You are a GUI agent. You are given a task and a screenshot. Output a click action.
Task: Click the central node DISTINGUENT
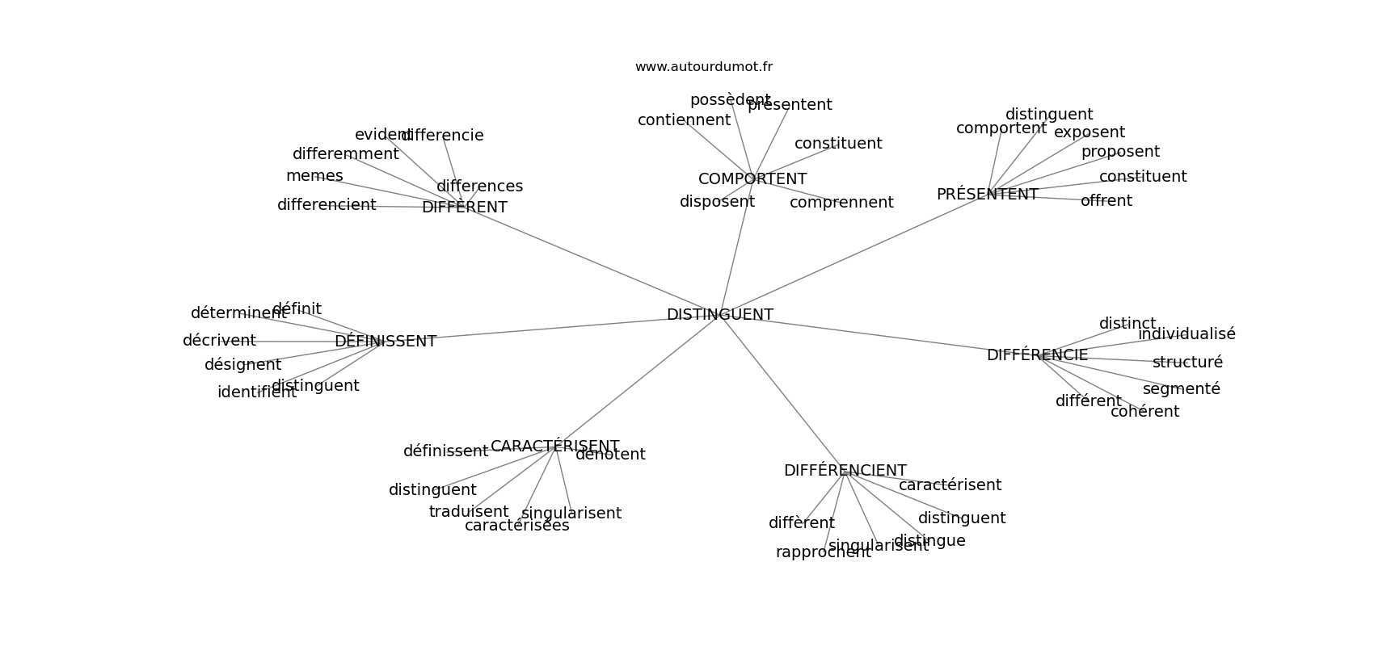[x=719, y=315]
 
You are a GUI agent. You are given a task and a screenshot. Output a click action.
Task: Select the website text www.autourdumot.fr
[x=703, y=67]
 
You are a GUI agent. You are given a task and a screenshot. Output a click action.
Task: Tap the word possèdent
[x=730, y=100]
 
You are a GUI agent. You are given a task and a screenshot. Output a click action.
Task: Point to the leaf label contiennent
[x=684, y=120]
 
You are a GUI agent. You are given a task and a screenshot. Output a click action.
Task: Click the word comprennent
[x=841, y=203]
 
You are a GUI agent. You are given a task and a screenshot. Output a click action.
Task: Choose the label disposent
[x=717, y=202]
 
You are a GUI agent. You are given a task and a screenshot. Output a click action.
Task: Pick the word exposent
[x=1089, y=132]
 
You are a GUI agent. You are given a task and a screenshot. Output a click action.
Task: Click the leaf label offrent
[x=1106, y=201]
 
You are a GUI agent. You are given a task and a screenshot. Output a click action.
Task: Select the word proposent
[x=1120, y=152]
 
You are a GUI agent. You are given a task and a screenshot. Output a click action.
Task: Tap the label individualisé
[x=1186, y=334]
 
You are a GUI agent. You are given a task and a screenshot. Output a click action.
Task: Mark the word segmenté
[x=1181, y=389]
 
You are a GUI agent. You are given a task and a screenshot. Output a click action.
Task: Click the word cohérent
[x=1144, y=412]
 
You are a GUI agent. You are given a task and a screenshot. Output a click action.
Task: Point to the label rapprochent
[x=823, y=552]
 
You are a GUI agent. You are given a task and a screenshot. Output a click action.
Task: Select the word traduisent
[x=469, y=512]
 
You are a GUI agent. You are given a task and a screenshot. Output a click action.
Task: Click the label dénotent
[x=610, y=455]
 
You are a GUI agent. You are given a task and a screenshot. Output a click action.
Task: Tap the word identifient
[x=257, y=392]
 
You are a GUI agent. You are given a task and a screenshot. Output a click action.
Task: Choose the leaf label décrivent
[x=219, y=341]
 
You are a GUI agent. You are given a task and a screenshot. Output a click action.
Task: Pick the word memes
[x=314, y=176]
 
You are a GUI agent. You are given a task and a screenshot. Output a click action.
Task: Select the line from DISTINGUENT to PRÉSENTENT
[x=849, y=255]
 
